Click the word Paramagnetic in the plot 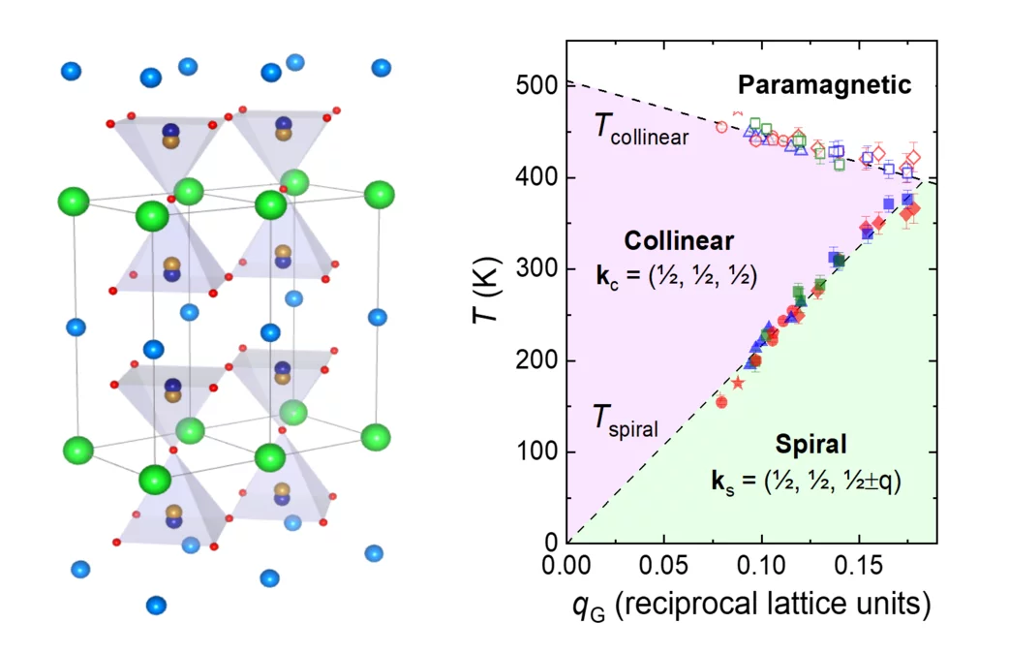(x=834, y=85)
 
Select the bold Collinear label (x=678, y=240)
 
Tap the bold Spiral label (x=810, y=445)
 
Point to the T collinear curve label (x=641, y=129)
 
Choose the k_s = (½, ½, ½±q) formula (x=810, y=481)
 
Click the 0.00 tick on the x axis (x=566, y=563)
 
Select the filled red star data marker (x=738, y=383)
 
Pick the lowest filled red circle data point (x=721, y=402)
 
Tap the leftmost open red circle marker (x=721, y=127)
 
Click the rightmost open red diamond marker (x=912, y=157)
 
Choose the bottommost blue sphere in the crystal (x=155, y=605)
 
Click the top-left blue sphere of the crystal (x=71, y=71)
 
